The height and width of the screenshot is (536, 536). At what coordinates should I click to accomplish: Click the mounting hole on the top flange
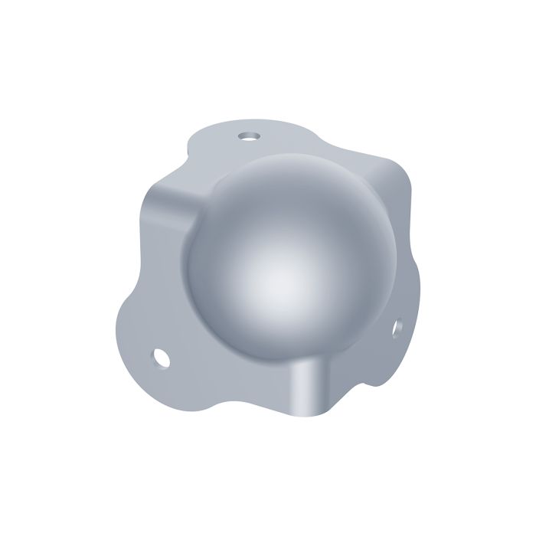point(247,136)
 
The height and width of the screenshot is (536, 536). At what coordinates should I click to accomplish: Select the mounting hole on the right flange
point(397,327)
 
